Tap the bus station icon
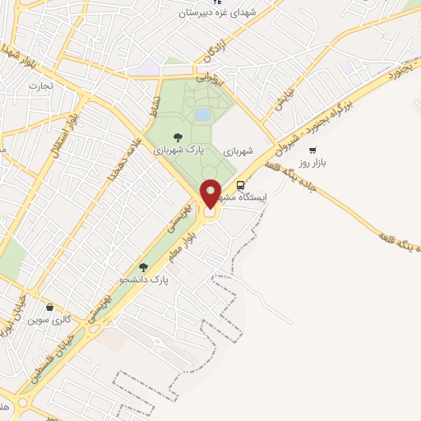pos(240,185)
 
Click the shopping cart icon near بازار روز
pos(312,150)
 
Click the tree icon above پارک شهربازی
pos(177,137)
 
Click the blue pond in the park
pos(202,113)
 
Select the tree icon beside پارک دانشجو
pos(144,267)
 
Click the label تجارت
pos(39,85)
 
